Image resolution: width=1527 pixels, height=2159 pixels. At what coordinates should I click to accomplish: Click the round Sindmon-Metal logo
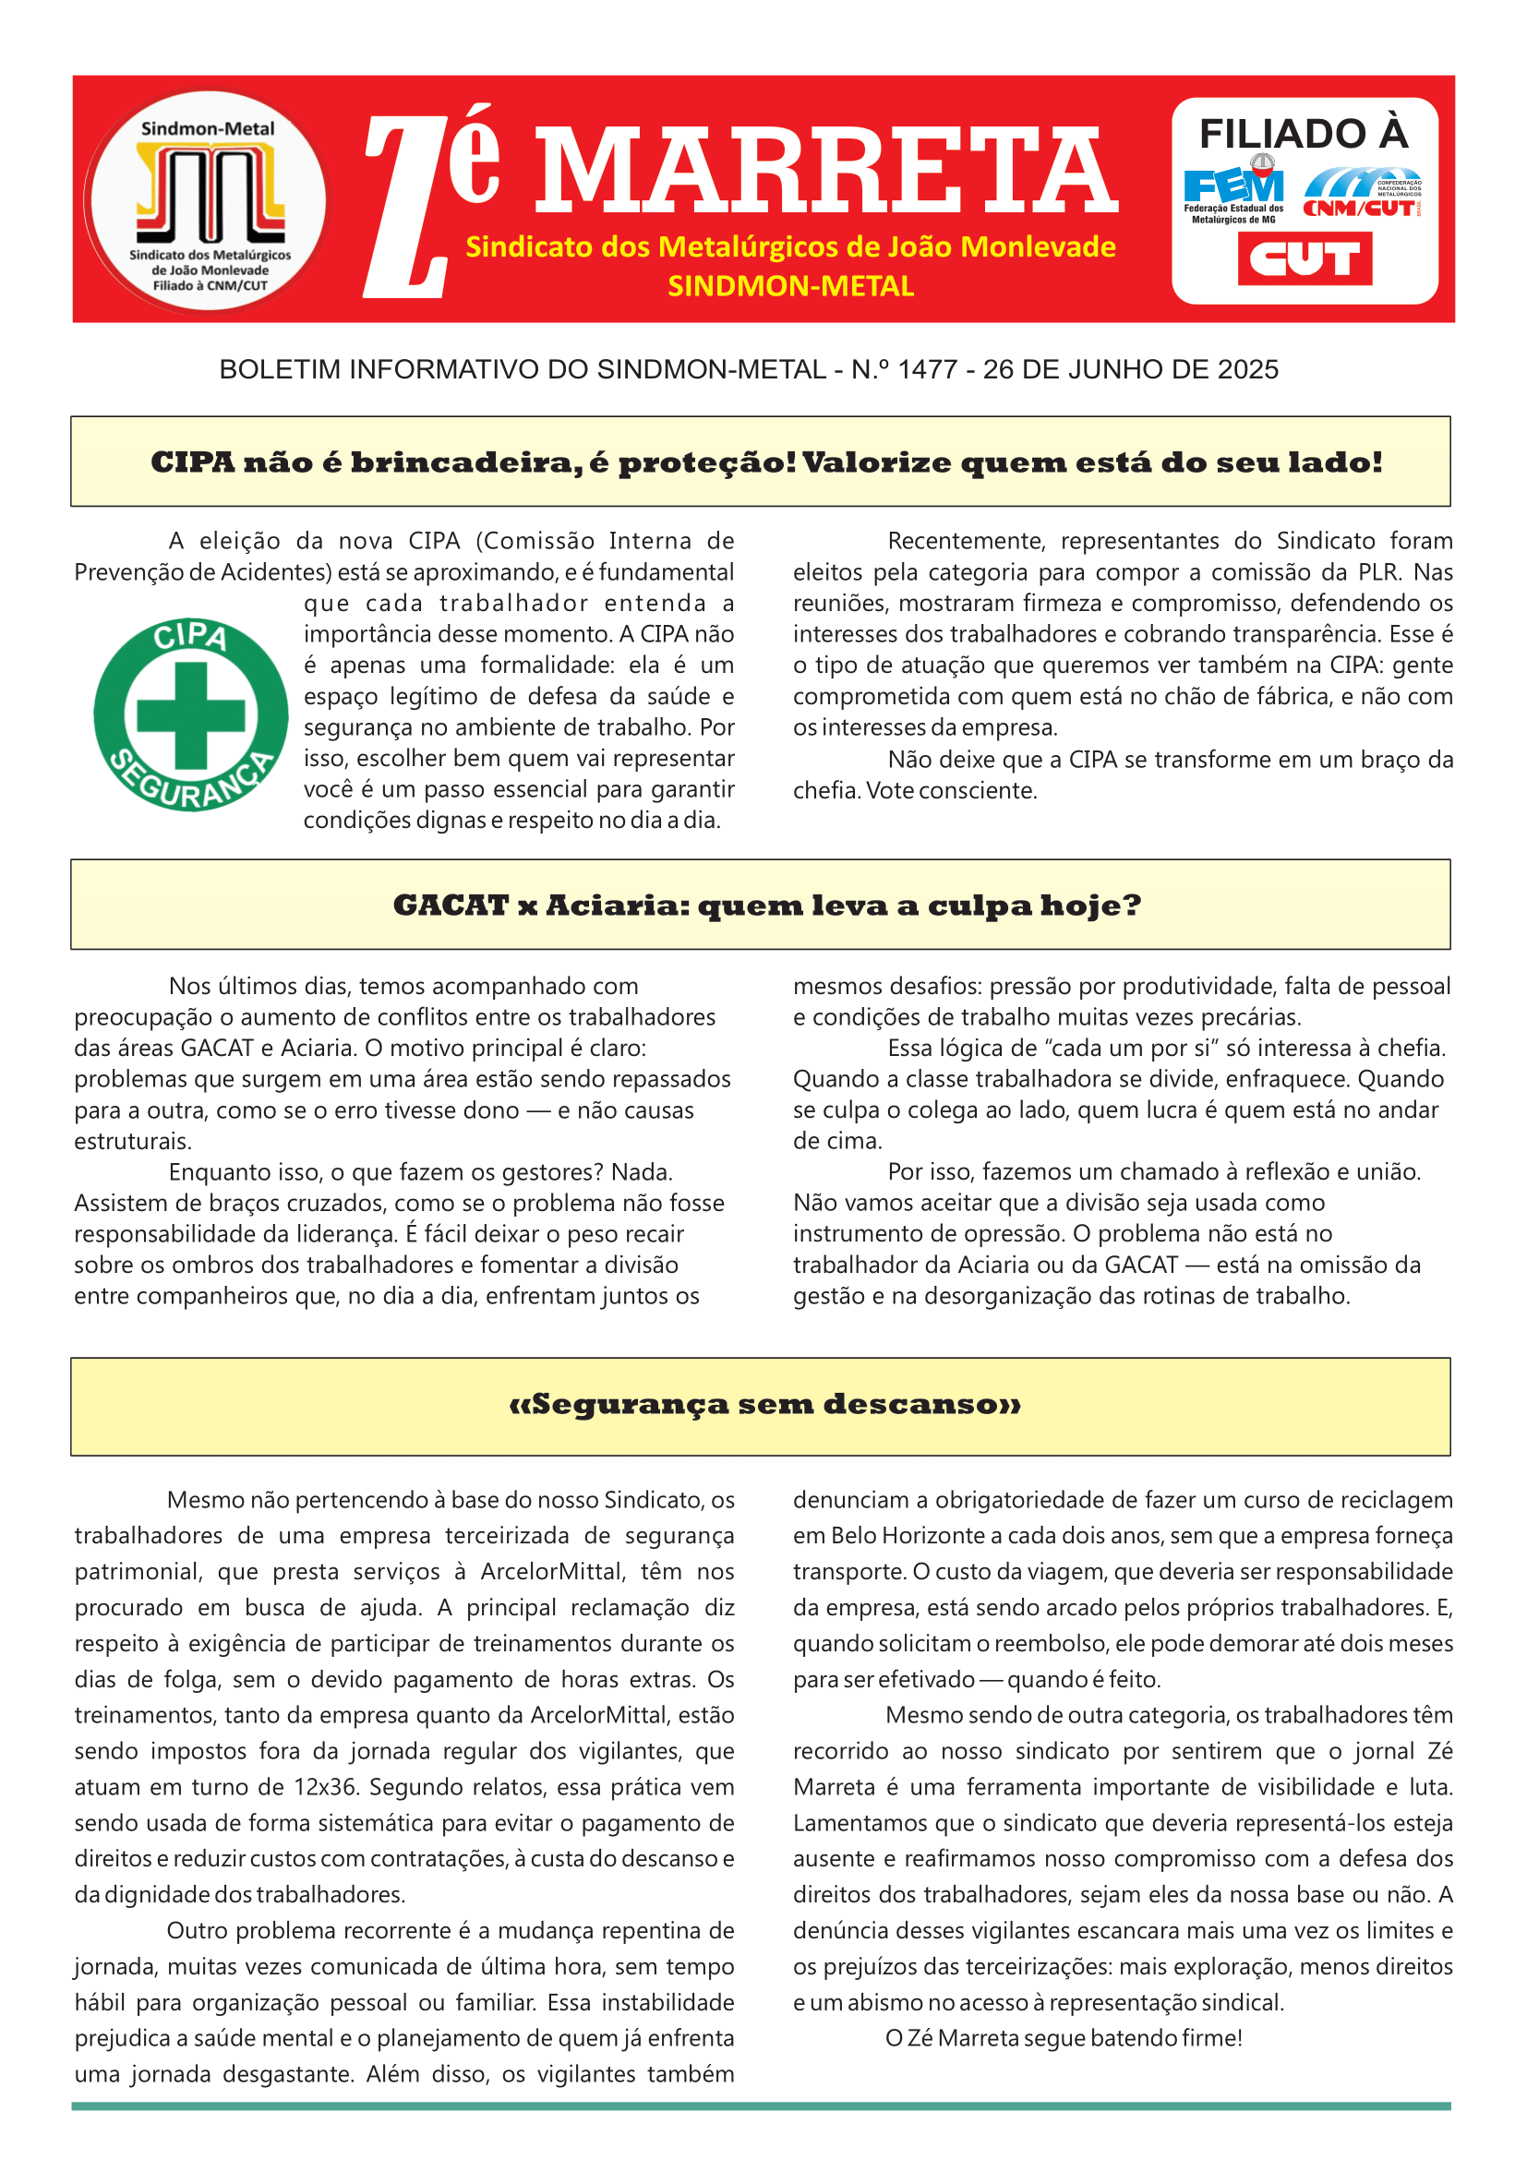(x=207, y=200)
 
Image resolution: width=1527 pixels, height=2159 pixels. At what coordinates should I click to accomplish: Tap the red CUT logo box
(x=1305, y=258)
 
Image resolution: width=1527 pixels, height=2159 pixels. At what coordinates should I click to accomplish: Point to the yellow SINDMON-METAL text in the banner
(x=790, y=286)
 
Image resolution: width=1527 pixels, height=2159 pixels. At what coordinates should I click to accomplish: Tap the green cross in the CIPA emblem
(x=191, y=715)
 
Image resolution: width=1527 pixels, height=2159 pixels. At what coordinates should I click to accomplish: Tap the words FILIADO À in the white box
(x=1304, y=134)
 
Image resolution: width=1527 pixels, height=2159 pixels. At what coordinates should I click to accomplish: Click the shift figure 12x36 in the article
(x=325, y=1787)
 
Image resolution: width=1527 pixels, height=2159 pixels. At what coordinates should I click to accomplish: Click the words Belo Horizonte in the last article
(x=908, y=1536)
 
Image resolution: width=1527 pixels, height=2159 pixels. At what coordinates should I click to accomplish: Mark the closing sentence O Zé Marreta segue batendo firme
(x=1064, y=2038)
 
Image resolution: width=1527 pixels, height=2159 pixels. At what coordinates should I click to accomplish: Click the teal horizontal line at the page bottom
(x=762, y=2106)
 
